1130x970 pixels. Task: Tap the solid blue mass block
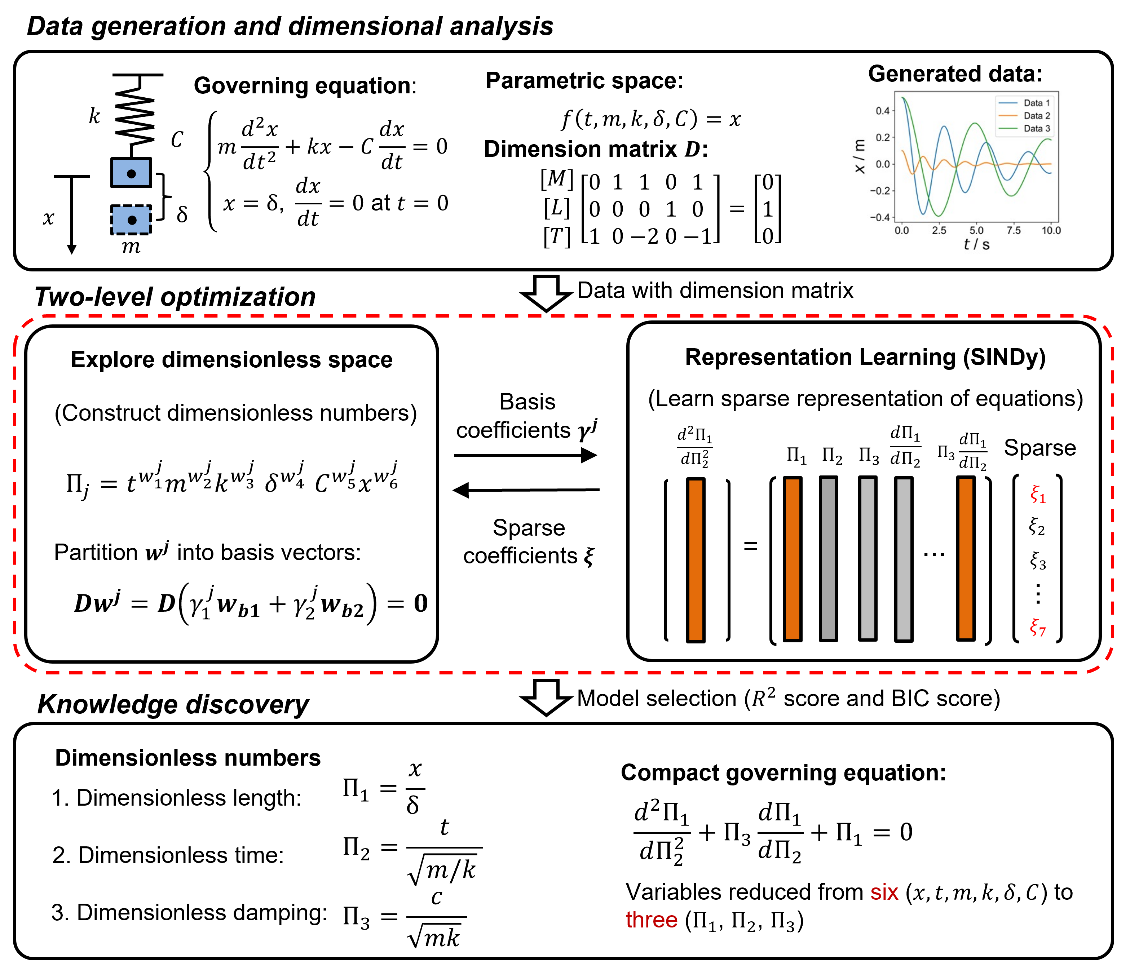131,173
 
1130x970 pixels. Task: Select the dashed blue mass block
131,220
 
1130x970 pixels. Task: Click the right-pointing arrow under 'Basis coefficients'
526,455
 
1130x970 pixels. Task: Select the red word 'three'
651,920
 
